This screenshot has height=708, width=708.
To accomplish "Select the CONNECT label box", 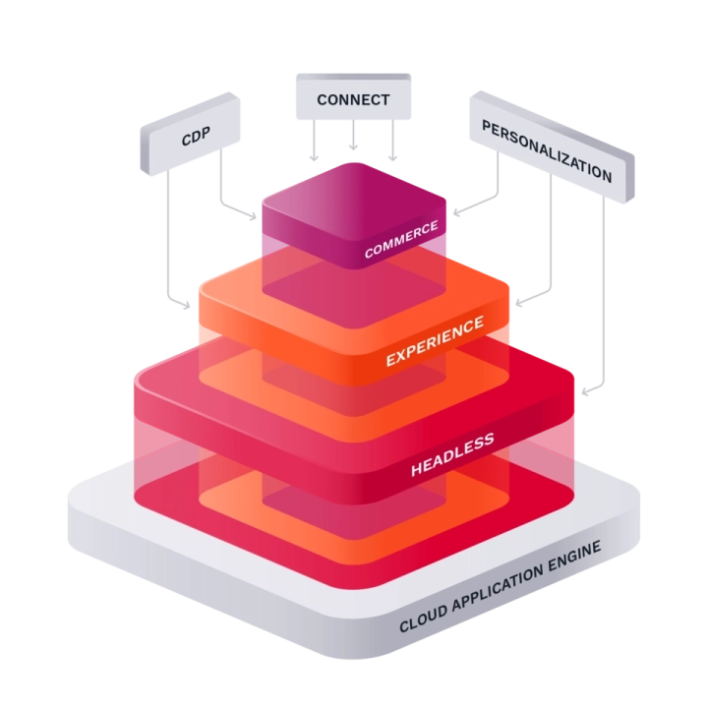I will click(x=353, y=99).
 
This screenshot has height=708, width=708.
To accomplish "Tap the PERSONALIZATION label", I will click(x=547, y=152).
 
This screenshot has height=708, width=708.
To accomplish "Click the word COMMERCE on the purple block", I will click(x=401, y=240).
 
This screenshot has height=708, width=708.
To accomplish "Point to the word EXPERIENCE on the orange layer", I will click(x=434, y=340).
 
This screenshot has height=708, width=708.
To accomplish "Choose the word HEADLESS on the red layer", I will click(x=452, y=456).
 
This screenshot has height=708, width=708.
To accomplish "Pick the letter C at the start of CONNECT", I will click(x=322, y=100).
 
